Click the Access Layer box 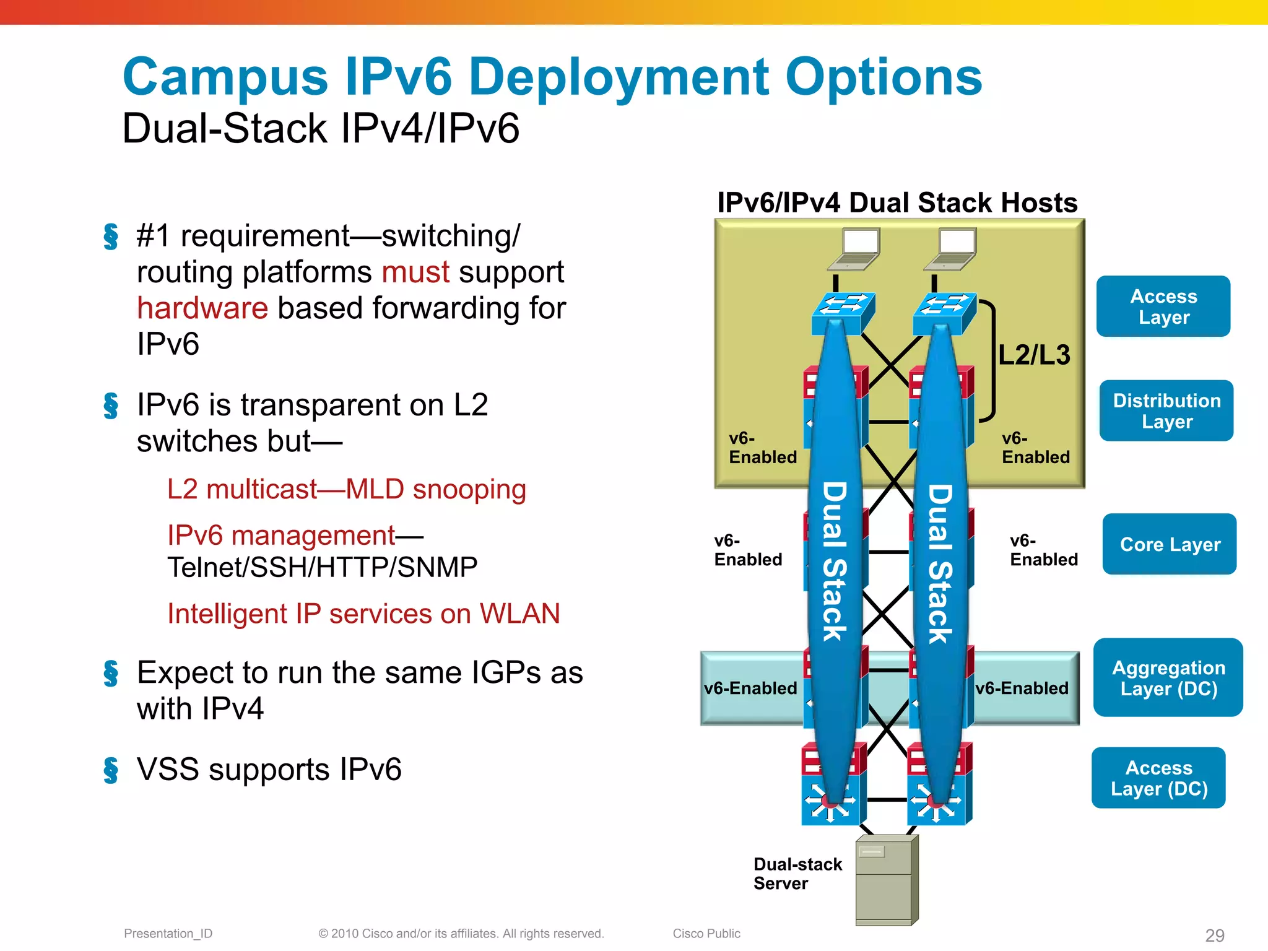[1163, 306]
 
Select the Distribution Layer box [1166, 410]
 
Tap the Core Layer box [1170, 544]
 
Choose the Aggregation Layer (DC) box [1168, 678]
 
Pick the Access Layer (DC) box [1158, 778]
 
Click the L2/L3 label [1034, 355]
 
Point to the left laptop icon [855, 249]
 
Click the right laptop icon [952, 249]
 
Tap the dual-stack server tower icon [887, 880]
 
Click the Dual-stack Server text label [797, 874]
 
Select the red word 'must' [415, 272]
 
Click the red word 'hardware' [202, 308]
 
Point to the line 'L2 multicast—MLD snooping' [346, 489]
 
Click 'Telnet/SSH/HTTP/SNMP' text [322, 567]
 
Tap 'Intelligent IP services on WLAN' [363, 614]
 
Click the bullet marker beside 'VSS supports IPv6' [111, 770]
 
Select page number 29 [1215, 935]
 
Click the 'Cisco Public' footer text [706, 934]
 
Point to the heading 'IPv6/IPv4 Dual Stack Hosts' [897, 203]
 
